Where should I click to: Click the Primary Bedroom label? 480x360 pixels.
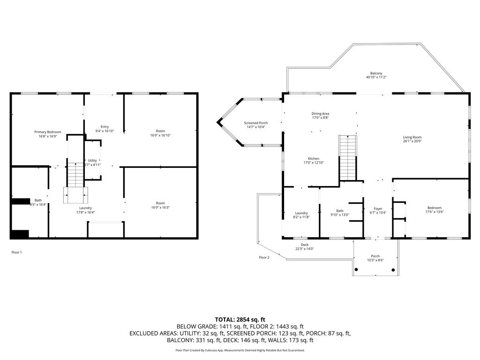tap(47, 132)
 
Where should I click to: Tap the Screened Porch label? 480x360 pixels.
tap(256, 123)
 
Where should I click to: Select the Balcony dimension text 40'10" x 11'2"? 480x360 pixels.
tap(376, 77)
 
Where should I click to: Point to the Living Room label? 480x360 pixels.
tap(412, 137)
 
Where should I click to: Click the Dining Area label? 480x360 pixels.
tap(320, 113)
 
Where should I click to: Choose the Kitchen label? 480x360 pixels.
tap(314, 158)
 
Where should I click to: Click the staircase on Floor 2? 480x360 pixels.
tap(347, 157)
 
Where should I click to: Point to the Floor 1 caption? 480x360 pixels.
tap(16, 252)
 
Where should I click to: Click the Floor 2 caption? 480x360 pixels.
tap(264, 257)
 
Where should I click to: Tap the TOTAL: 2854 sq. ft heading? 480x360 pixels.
tap(240, 319)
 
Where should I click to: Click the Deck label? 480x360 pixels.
tap(305, 245)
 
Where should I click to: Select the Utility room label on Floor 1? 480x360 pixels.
tap(92, 161)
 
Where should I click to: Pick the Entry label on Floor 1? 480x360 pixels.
tap(105, 127)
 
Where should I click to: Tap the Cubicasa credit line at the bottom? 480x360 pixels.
tap(240, 350)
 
